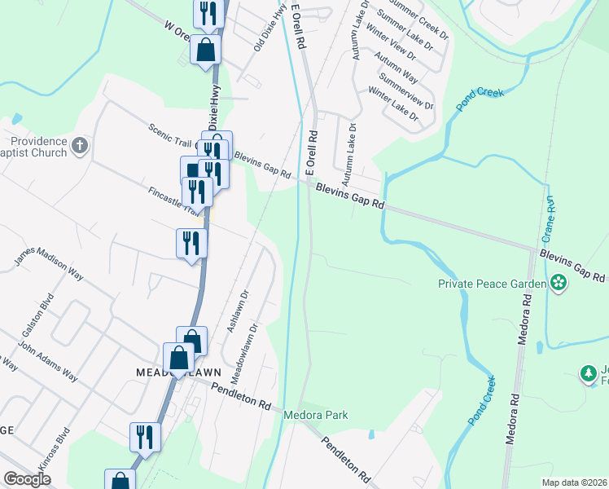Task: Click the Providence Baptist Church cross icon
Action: point(79,146)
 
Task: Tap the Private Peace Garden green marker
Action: point(559,284)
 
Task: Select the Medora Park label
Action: point(315,415)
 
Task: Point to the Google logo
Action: point(27,479)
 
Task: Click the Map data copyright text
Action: point(575,482)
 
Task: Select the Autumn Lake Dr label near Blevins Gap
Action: point(348,153)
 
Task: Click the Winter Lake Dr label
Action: point(392,105)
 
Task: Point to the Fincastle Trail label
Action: point(173,201)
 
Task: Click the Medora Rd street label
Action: point(512,420)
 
